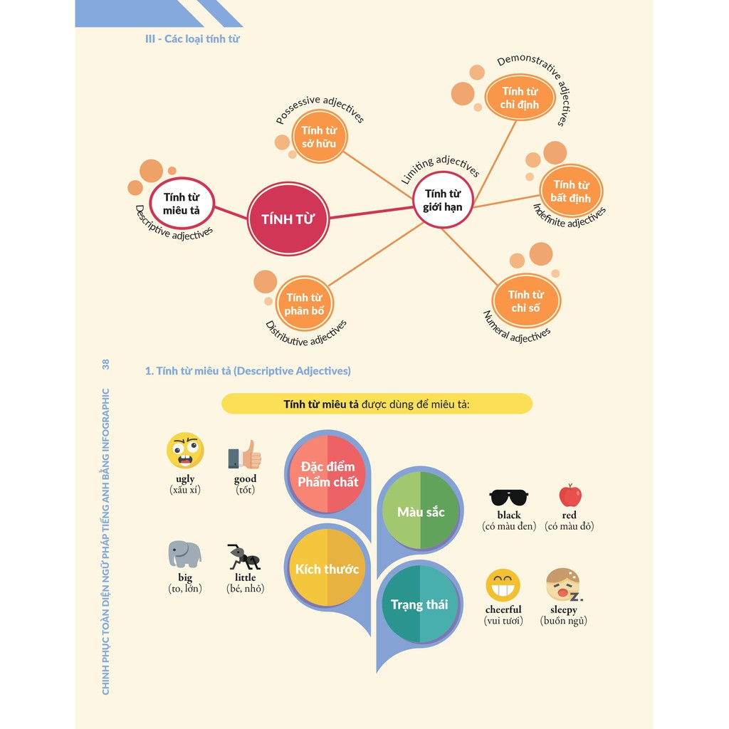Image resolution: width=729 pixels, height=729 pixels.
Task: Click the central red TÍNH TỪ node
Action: (x=288, y=219)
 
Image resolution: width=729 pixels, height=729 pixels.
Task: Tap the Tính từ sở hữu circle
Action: (x=319, y=137)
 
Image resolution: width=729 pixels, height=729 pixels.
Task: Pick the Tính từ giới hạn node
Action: (x=443, y=200)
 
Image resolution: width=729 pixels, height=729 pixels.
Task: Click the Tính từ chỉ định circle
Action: (x=520, y=98)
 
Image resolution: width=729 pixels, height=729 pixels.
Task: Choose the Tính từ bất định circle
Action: (x=570, y=192)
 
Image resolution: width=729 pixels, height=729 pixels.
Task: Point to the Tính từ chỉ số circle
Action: (x=526, y=301)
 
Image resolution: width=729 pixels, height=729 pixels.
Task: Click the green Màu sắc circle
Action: (x=421, y=511)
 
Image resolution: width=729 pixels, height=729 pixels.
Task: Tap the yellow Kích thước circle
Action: (x=327, y=569)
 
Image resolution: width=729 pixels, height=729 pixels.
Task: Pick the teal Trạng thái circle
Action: (x=419, y=604)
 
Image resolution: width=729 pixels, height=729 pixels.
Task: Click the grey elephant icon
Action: (x=184, y=554)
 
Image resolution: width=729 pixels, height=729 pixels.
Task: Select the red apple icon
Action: (x=570, y=495)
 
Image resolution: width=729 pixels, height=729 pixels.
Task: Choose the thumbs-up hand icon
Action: (x=245, y=454)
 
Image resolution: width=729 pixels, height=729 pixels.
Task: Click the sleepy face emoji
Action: (x=562, y=584)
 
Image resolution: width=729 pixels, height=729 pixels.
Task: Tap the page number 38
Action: (x=106, y=364)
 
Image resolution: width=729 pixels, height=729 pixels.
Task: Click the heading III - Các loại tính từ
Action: (x=192, y=38)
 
